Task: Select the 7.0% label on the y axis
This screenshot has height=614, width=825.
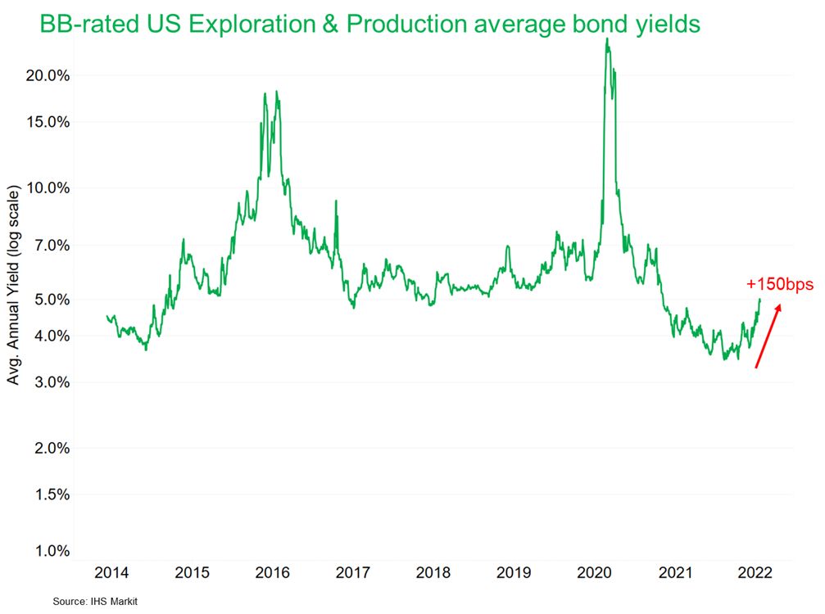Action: tap(51, 245)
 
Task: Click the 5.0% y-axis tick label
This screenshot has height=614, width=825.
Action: tap(51, 300)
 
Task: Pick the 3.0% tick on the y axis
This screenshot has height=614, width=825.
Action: tap(51, 382)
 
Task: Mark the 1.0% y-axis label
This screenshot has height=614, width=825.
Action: tap(51, 551)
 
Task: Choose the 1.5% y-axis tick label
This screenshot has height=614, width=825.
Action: tap(51, 494)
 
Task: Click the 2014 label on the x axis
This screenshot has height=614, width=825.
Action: tap(111, 572)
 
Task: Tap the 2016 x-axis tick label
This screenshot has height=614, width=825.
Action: tap(272, 572)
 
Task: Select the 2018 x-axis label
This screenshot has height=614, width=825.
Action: tap(433, 572)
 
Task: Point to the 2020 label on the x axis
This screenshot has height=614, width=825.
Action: tap(593, 572)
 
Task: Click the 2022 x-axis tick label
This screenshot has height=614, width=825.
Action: tap(754, 572)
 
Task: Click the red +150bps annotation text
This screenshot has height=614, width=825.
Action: tap(780, 285)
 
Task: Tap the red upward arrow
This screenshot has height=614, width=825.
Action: tap(768, 336)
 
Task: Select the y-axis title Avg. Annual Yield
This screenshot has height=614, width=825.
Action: tap(14, 286)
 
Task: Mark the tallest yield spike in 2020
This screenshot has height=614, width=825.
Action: tap(606, 41)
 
